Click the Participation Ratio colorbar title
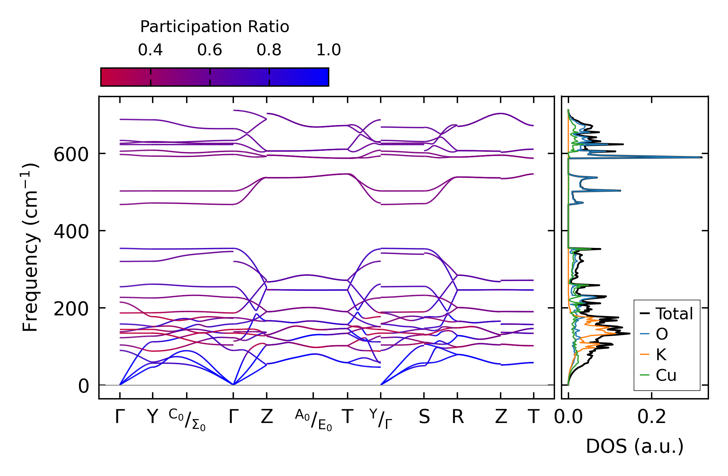[x=215, y=27]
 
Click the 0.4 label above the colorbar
[x=150, y=50]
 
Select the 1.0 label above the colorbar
[x=328, y=50]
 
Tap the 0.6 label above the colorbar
[x=210, y=50]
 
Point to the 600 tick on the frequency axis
[x=71, y=154]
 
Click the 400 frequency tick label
[x=71, y=232]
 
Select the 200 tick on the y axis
[x=71, y=309]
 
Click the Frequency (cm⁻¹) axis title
[x=30, y=247]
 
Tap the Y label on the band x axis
[x=152, y=417]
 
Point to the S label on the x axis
[x=424, y=417]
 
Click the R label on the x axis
[x=458, y=417]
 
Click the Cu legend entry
[x=666, y=375]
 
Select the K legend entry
[x=661, y=355]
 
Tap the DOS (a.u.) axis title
[x=635, y=446]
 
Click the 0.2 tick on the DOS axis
[x=652, y=417]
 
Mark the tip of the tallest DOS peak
[x=701, y=157]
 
